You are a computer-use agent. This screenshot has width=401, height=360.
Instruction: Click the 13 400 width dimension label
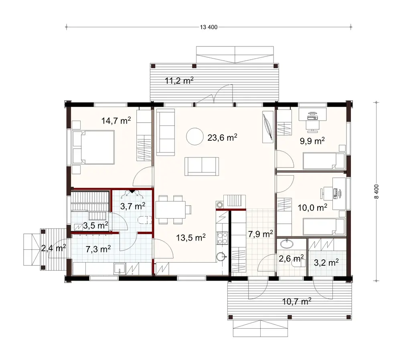click(208, 27)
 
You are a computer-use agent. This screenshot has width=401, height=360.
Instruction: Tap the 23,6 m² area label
click(223, 138)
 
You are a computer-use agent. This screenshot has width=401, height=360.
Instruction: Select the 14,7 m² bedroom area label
click(116, 120)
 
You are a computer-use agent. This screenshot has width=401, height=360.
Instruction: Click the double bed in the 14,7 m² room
click(93, 148)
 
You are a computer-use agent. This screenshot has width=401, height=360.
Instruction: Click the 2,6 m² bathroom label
click(291, 257)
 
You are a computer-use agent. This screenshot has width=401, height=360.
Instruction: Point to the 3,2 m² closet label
click(326, 263)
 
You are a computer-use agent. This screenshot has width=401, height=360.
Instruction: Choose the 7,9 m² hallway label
click(261, 234)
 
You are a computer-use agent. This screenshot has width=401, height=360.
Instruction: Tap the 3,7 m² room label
click(133, 206)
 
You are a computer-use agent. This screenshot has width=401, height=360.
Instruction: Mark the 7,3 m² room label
click(98, 249)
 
